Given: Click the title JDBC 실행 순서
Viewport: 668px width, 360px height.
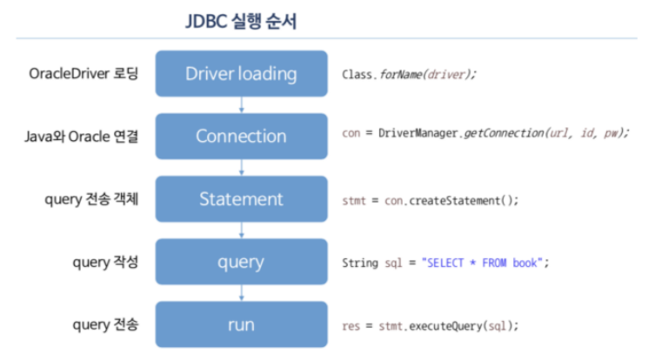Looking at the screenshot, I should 241,22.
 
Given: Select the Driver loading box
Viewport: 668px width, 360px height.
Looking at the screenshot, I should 241,73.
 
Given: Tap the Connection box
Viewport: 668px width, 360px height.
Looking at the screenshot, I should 241,136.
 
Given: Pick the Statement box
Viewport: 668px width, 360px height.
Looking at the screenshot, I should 241,199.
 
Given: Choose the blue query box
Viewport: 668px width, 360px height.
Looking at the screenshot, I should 241,262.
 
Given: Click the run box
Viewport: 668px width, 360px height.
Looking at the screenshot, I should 241,324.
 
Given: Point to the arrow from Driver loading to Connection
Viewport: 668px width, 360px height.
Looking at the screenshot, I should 241,104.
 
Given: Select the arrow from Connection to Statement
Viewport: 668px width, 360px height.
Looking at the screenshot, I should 241,168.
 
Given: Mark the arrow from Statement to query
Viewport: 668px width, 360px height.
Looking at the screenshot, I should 241,230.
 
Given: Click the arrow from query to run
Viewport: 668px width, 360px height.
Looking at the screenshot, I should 241,293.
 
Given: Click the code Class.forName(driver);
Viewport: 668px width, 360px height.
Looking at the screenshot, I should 410,74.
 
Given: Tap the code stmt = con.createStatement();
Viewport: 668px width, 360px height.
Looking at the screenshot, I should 431,200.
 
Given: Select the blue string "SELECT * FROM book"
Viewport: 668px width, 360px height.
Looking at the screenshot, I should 484,263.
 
